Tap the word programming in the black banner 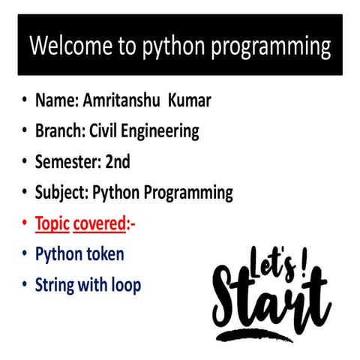271,47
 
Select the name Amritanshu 128,100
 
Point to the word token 103,254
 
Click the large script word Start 270,300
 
